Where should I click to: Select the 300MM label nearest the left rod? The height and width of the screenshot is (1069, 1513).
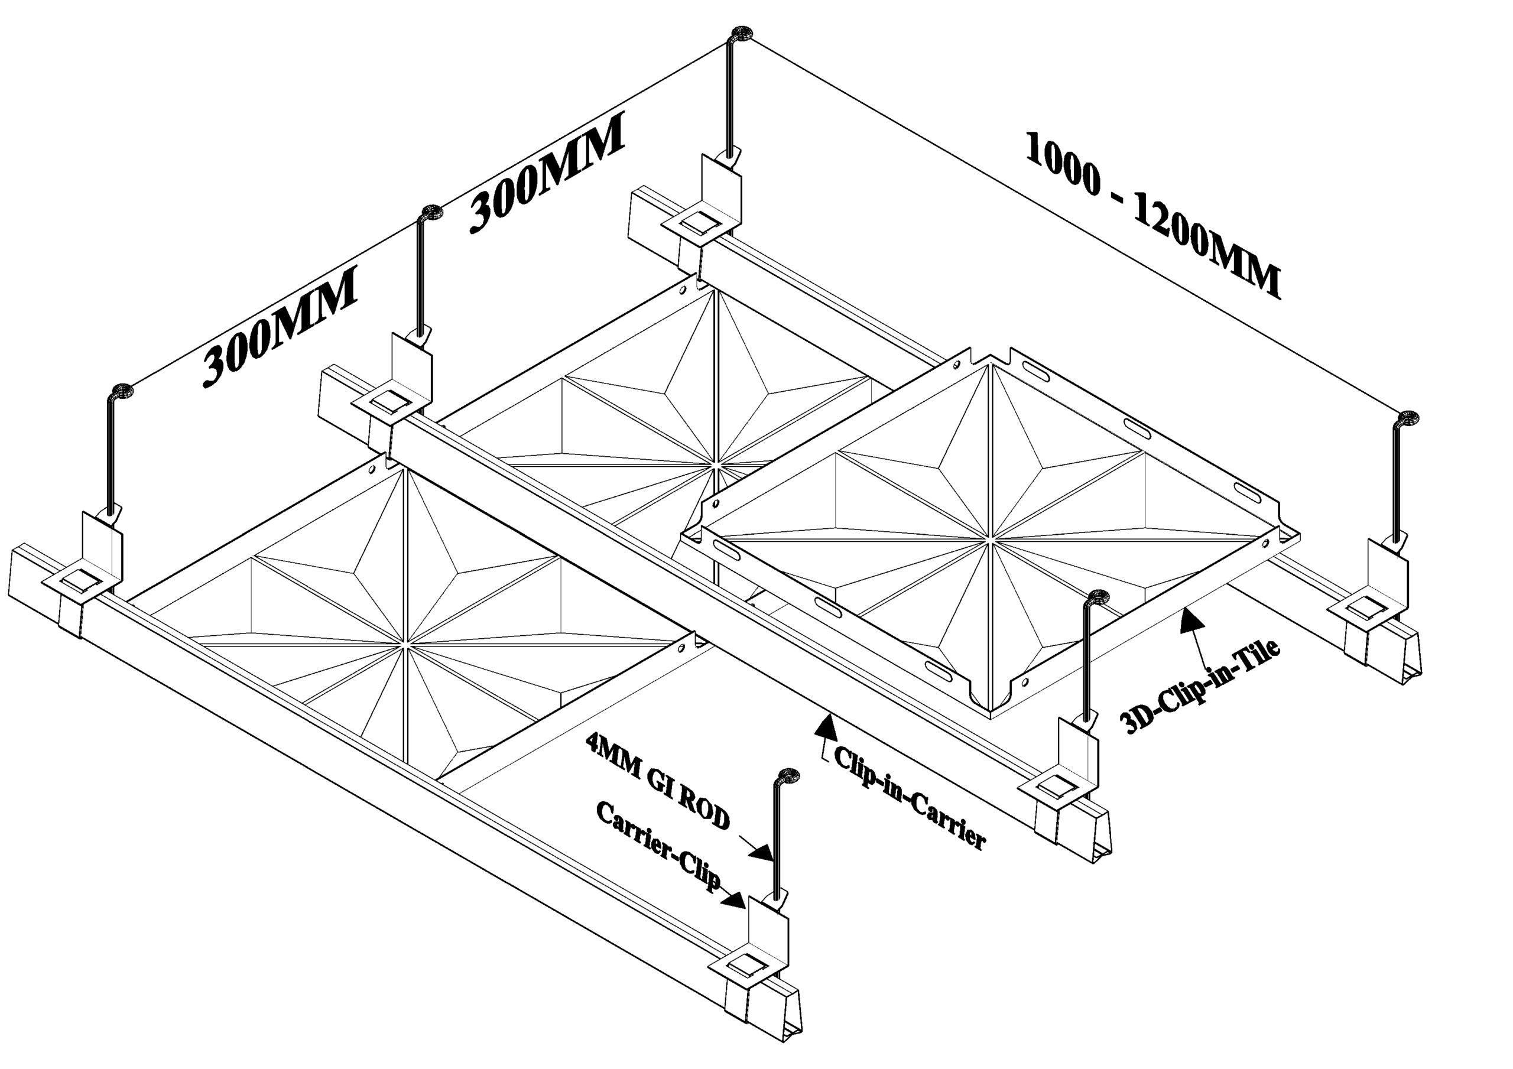tap(280, 326)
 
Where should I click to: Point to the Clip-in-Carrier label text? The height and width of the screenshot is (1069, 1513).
tap(910, 798)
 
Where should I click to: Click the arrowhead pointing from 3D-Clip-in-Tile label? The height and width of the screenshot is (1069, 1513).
tap(1188, 619)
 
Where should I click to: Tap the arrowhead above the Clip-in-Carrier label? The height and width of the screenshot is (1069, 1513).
tap(825, 725)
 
